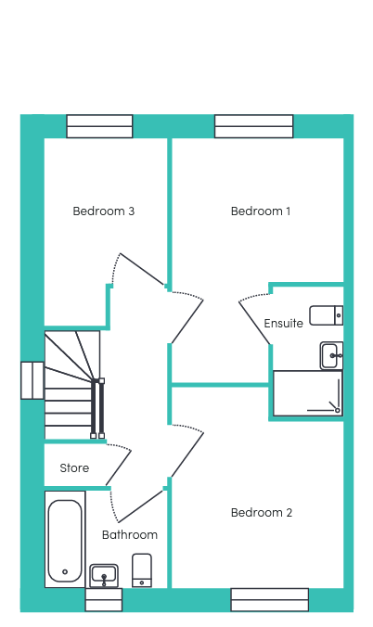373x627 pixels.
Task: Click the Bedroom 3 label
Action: tap(104, 211)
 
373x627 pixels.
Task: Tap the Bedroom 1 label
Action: tap(261, 211)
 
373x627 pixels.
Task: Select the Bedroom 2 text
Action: tap(262, 513)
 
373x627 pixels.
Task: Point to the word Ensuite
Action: tap(283, 323)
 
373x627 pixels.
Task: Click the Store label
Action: tap(74, 467)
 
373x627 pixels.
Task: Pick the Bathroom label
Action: tap(130, 535)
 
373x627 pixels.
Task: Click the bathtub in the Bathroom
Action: tap(65, 539)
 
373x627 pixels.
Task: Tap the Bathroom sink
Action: tap(104, 575)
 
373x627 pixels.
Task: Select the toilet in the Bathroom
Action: tap(142, 570)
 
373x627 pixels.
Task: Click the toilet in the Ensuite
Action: tap(327, 315)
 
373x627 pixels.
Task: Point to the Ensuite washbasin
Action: tap(331, 355)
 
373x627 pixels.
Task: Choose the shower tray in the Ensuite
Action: tap(308, 393)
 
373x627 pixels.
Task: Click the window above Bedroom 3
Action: tap(99, 126)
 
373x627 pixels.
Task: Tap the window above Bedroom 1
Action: tap(253, 126)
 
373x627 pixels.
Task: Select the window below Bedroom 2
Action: tap(270, 599)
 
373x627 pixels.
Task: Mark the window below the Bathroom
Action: tap(104, 599)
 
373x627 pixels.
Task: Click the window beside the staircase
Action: tap(32, 380)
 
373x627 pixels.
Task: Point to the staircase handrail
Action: tap(97, 408)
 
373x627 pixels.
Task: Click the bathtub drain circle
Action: tap(65, 572)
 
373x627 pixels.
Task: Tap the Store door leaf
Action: tap(119, 467)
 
